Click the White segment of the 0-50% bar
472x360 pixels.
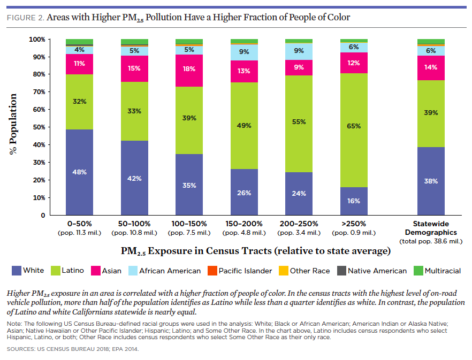79,172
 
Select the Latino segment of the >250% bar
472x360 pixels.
354,131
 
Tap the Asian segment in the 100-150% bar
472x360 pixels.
189,71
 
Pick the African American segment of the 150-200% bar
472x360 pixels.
244,52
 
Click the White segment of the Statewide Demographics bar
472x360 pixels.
431,181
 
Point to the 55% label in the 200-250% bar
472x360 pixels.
299,122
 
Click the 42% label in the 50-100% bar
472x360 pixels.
134,179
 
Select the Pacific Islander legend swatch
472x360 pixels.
212,271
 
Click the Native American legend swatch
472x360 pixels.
341,271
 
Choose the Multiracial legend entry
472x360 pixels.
437,271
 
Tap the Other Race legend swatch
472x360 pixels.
284,271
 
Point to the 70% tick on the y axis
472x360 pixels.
49,92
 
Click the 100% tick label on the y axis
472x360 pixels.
37,40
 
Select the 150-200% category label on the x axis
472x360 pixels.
244,224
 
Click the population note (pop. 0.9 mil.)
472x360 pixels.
354,233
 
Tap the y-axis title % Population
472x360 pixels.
13,124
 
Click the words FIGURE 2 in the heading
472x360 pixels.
26,18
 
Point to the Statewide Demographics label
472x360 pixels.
431,228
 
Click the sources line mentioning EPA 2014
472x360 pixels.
73,349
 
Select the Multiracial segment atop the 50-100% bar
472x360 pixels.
134,42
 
